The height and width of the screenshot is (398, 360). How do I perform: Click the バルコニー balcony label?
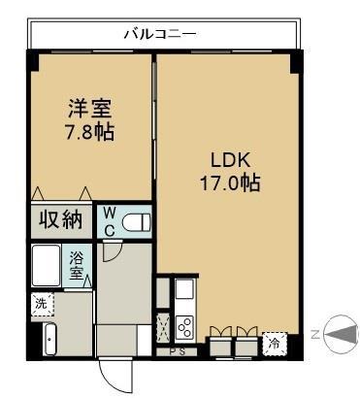pos(161,34)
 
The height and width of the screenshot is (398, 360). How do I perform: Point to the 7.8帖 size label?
pos(89,131)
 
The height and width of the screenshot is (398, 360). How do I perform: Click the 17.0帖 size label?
pos(229,182)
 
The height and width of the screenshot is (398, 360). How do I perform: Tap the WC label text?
pos(110,219)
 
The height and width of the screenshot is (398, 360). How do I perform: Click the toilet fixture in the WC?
pos(136,221)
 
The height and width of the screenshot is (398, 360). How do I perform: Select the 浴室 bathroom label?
pos(77,264)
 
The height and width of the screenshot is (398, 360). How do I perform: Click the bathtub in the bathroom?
pos(47,264)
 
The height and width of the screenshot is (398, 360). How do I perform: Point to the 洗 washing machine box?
pos(41,304)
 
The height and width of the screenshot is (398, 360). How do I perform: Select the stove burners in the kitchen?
pos(184,326)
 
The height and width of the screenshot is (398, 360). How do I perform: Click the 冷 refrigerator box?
pos(274,342)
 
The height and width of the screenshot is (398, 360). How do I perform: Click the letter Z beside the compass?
pos(315,333)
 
